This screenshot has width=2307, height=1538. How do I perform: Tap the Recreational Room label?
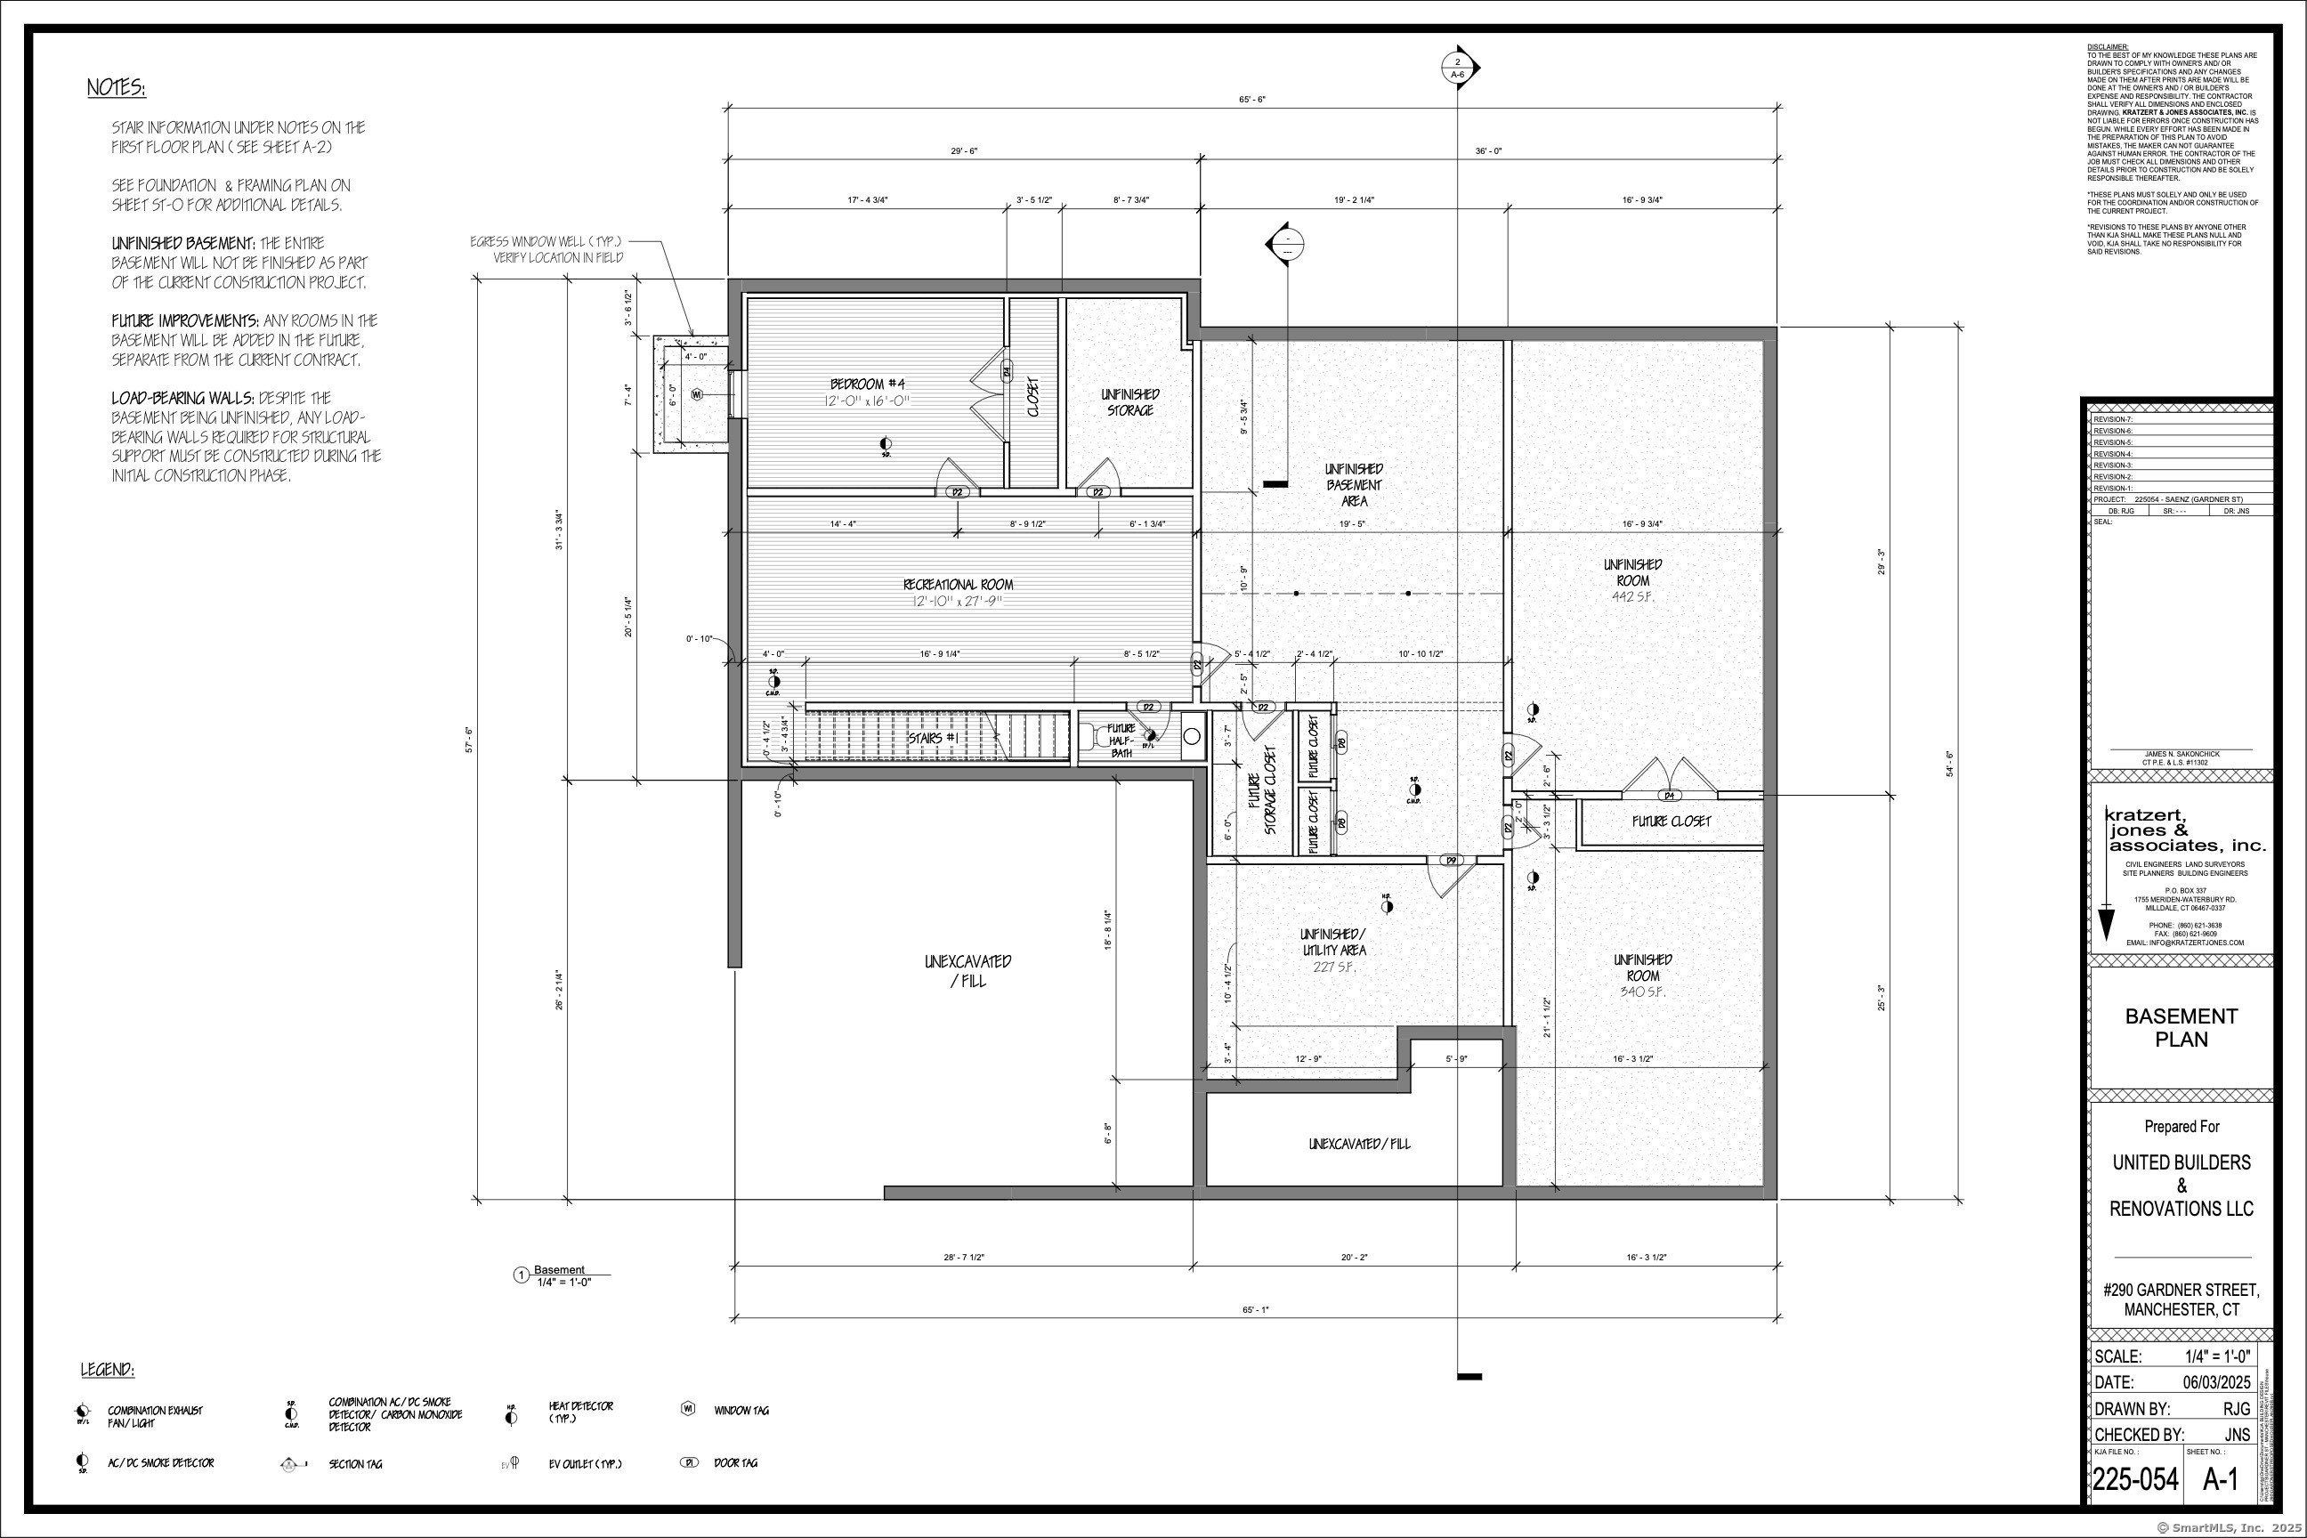(958, 586)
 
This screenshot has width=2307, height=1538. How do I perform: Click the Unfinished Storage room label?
(1130, 402)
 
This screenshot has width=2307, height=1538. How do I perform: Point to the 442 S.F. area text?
(1632, 596)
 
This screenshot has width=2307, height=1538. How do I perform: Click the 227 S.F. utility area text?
(1333, 967)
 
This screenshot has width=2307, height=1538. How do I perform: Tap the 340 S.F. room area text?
(1642, 992)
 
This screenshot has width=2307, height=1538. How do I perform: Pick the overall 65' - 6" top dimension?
(1251, 100)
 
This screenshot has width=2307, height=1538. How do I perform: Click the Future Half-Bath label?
(1121, 741)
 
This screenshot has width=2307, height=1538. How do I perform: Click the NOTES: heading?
(117, 88)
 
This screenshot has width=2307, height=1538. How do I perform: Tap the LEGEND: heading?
(108, 1369)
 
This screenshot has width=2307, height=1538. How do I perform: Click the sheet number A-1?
(2221, 1480)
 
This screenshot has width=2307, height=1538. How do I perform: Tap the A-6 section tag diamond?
(1457, 68)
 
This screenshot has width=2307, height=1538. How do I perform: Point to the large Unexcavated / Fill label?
(967, 970)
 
